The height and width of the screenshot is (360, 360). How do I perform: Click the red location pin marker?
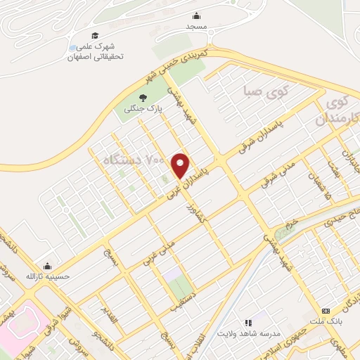click(181, 165)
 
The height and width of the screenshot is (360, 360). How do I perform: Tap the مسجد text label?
click(196, 26)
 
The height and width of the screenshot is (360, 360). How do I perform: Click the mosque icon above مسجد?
click(196, 16)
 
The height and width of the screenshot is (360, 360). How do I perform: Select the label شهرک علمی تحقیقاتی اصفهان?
click(95, 51)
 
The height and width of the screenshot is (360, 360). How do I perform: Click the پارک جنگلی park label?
click(143, 109)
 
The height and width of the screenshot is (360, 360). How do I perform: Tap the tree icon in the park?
click(143, 98)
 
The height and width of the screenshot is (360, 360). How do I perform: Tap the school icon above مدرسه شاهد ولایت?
click(247, 322)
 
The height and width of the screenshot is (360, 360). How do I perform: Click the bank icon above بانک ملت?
click(326, 311)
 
